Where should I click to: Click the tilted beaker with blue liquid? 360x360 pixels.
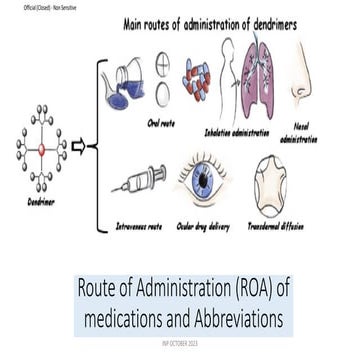click(x=126, y=83)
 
